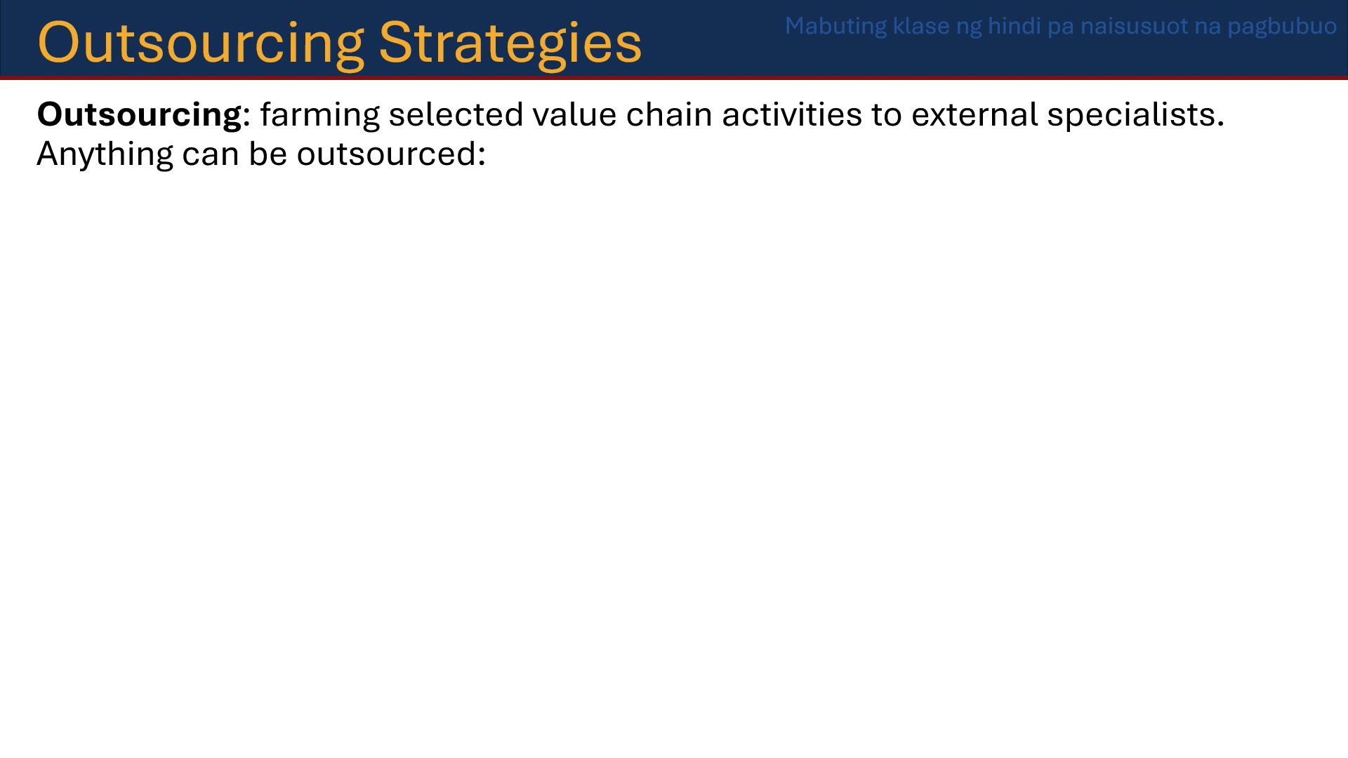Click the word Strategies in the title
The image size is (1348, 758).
point(510,43)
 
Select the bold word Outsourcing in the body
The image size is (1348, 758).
point(139,115)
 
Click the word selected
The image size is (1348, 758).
point(456,114)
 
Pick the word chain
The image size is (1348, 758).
point(669,114)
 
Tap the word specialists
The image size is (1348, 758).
point(1135,115)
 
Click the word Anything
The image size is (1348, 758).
point(105,154)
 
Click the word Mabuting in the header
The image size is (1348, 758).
point(835,27)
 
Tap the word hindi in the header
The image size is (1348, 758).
point(1014,26)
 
